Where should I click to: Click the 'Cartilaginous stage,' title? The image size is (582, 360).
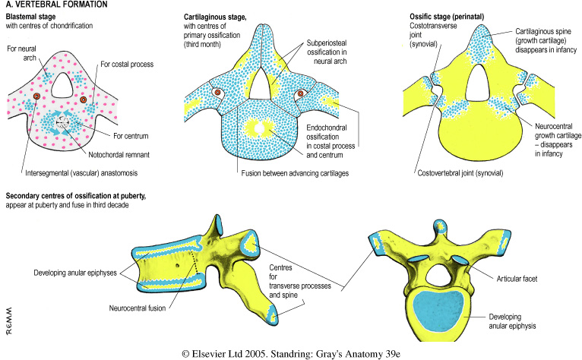coord(217,17)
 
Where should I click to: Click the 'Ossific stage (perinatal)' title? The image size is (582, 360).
coord(452,17)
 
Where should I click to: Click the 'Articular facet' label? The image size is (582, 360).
coord(520,279)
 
